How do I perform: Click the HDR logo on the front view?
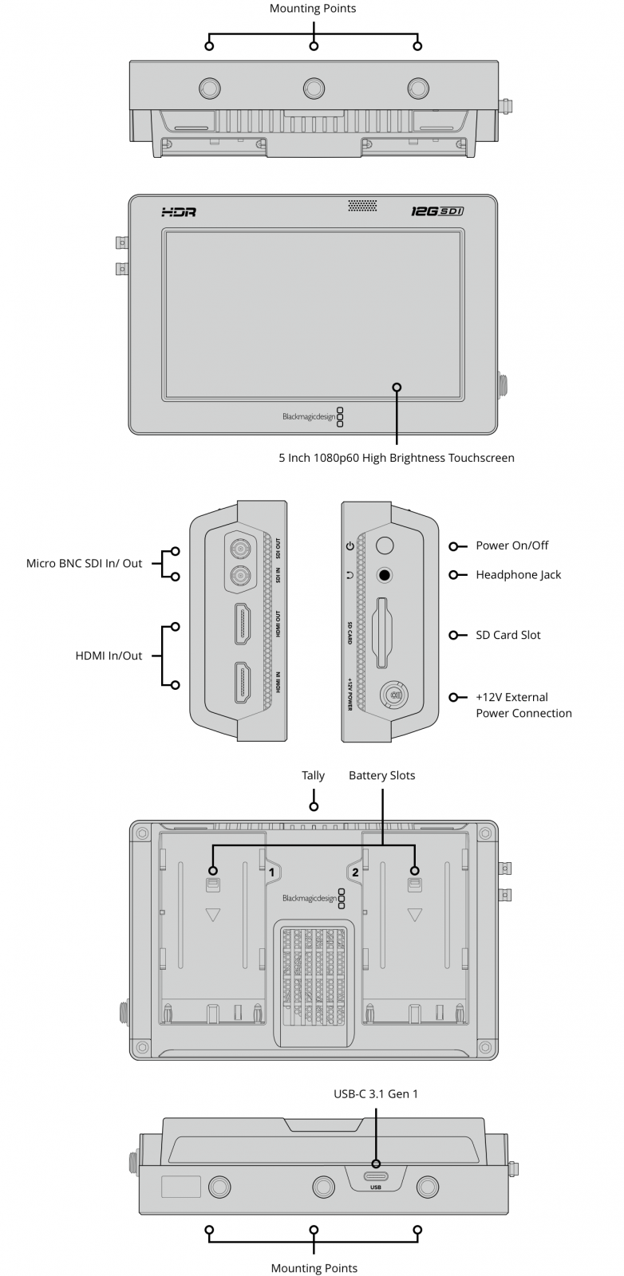coord(178,212)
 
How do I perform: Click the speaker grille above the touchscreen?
coord(362,206)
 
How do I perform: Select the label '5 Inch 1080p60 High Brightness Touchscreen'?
coord(396,458)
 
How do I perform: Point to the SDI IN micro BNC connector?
coord(238,576)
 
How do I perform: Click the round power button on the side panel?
coord(385,545)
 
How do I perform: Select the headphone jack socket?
coord(385,575)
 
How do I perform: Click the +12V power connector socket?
coord(392,695)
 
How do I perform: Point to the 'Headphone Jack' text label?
coord(518,575)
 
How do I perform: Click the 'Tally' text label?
coord(313,775)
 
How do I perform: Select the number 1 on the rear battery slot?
coord(271,872)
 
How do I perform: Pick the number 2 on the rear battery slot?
coord(355,872)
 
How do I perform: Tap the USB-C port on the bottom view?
coord(375,1176)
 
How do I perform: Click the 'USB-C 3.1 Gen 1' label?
coord(375,1094)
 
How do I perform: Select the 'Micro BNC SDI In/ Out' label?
coord(84,563)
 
